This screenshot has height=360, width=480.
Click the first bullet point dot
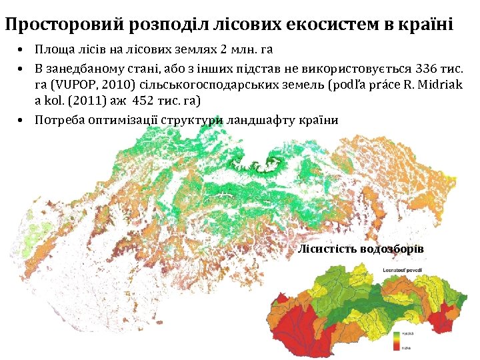coord(22,51)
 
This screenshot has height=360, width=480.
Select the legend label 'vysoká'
coord(409,333)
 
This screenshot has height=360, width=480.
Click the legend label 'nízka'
coord(407,347)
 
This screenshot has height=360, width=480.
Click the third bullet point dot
coord(22,121)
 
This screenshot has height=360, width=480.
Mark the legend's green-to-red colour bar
coord(397,340)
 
